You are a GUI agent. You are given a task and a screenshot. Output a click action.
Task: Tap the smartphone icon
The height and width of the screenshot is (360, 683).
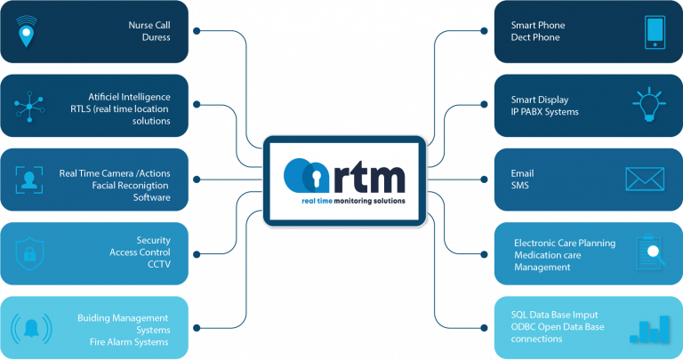click(655, 32)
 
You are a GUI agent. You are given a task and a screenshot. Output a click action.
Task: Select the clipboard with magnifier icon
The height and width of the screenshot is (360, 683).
click(651, 253)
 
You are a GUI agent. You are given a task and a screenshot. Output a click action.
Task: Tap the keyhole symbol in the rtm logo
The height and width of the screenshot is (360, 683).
click(312, 177)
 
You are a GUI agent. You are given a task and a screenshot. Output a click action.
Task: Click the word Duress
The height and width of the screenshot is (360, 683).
click(156, 38)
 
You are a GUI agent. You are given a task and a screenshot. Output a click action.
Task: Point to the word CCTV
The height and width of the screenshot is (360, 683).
click(158, 264)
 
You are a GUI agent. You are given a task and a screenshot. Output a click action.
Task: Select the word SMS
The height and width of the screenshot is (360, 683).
click(521, 185)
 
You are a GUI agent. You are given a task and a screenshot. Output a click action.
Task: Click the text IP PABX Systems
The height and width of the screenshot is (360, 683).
click(545, 112)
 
